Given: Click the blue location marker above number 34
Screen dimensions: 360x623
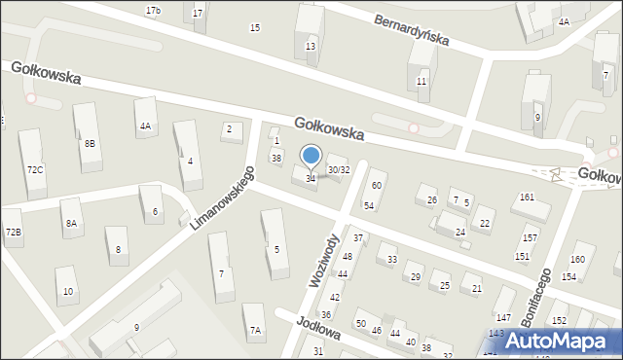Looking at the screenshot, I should click(311, 156).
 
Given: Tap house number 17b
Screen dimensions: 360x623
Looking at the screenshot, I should click(153, 10).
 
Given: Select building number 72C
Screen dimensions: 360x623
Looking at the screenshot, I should click(35, 169).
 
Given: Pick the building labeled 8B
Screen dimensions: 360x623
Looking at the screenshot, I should click(90, 143).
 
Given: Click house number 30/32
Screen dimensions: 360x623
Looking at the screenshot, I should click(339, 169).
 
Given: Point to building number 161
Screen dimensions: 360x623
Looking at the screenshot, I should click(527, 198).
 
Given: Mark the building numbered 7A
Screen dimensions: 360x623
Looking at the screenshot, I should click(255, 331).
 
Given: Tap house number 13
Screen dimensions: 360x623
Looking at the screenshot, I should click(311, 47).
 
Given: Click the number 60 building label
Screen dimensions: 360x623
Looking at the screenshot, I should click(377, 185).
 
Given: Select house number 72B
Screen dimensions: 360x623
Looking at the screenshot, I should click(13, 232).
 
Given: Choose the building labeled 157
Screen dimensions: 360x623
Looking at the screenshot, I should click(530, 237).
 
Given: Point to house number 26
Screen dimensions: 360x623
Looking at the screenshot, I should click(432, 200).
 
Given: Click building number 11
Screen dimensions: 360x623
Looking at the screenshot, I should click(421, 81).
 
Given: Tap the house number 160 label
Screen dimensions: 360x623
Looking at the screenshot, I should click(577, 259).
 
